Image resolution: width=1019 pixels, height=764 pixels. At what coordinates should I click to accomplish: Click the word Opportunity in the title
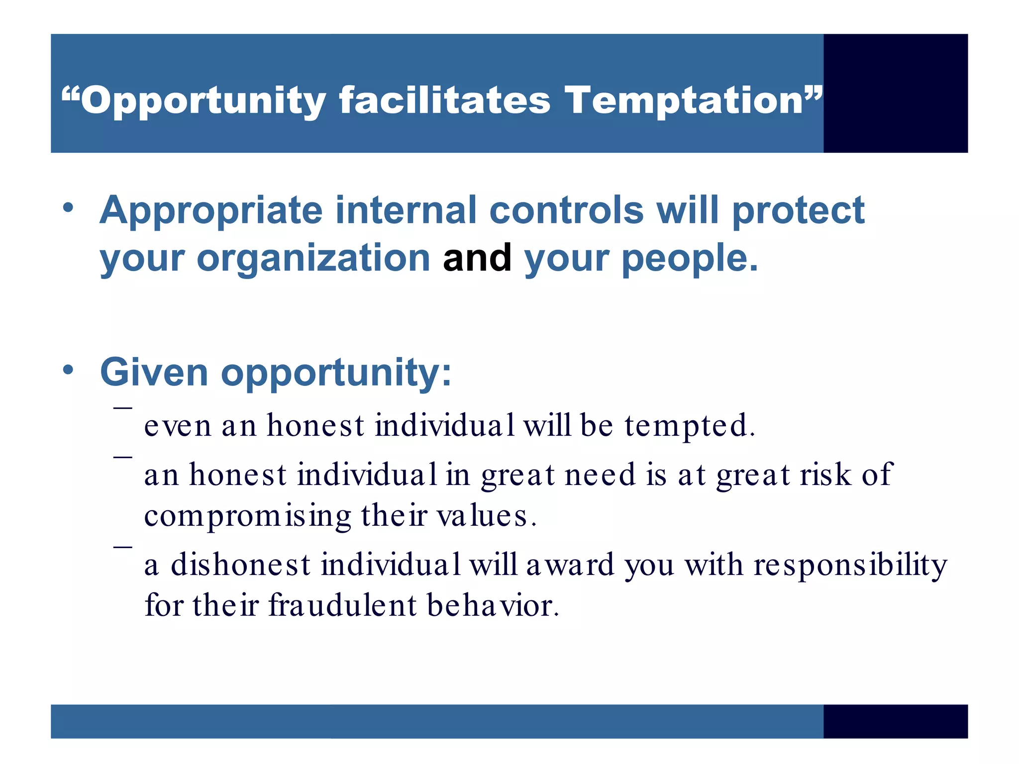click(x=203, y=101)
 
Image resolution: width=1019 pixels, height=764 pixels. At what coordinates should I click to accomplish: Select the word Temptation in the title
click(x=684, y=101)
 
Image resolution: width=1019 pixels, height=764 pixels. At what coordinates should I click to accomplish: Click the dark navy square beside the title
click(x=895, y=93)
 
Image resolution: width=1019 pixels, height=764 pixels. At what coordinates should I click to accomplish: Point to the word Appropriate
click(x=211, y=211)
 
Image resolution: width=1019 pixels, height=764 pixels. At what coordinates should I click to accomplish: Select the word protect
click(x=798, y=211)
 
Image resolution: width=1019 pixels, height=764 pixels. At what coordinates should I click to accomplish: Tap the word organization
click(x=313, y=259)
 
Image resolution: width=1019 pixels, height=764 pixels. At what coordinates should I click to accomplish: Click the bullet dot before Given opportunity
click(x=68, y=370)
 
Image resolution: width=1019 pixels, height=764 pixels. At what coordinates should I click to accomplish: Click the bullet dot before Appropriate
click(x=68, y=207)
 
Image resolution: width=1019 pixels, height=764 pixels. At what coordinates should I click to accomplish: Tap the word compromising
click(x=248, y=516)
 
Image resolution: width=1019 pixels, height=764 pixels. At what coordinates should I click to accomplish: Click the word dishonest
click(x=241, y=565)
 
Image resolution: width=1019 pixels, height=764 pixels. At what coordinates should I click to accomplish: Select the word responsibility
click(x=850, y=566)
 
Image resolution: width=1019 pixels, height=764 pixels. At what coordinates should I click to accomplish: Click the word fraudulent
click(x=342, y=606)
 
